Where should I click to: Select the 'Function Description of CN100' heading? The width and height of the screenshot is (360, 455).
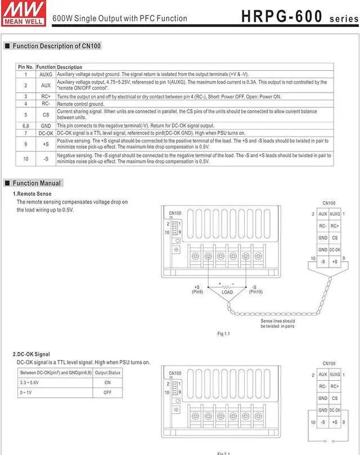(x=56, y=46)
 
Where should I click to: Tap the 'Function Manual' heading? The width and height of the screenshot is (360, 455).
(x=37, y=183)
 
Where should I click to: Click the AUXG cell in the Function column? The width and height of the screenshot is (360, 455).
(x=46, y=74)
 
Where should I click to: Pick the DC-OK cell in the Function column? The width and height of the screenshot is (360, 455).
(x=46, y=133)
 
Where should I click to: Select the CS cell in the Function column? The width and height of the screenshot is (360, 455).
(x=46, y=114)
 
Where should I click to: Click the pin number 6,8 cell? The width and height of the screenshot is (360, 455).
(x=25, y=126)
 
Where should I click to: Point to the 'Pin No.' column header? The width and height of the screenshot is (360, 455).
(x=25, y=67)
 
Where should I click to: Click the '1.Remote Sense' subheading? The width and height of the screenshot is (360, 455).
(x=32, y=194)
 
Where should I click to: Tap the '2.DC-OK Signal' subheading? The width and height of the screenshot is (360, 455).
(x=35, y=354)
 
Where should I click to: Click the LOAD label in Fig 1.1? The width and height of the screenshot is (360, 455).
(x=227, y=292)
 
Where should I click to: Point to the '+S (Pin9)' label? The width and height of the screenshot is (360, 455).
(x=197, y=290)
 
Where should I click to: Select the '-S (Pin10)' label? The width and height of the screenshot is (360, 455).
(x=255, y=290)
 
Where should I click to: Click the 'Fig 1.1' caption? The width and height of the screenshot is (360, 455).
(x=224, y=334)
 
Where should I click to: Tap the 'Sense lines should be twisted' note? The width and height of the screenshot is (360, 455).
(x=277, y=323)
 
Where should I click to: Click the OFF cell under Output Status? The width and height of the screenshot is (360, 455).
(x=107, y=392)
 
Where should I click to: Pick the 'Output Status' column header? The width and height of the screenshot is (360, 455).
(x=107, y=372)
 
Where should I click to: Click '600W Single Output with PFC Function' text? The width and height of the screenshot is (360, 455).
(x=120, y=19)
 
